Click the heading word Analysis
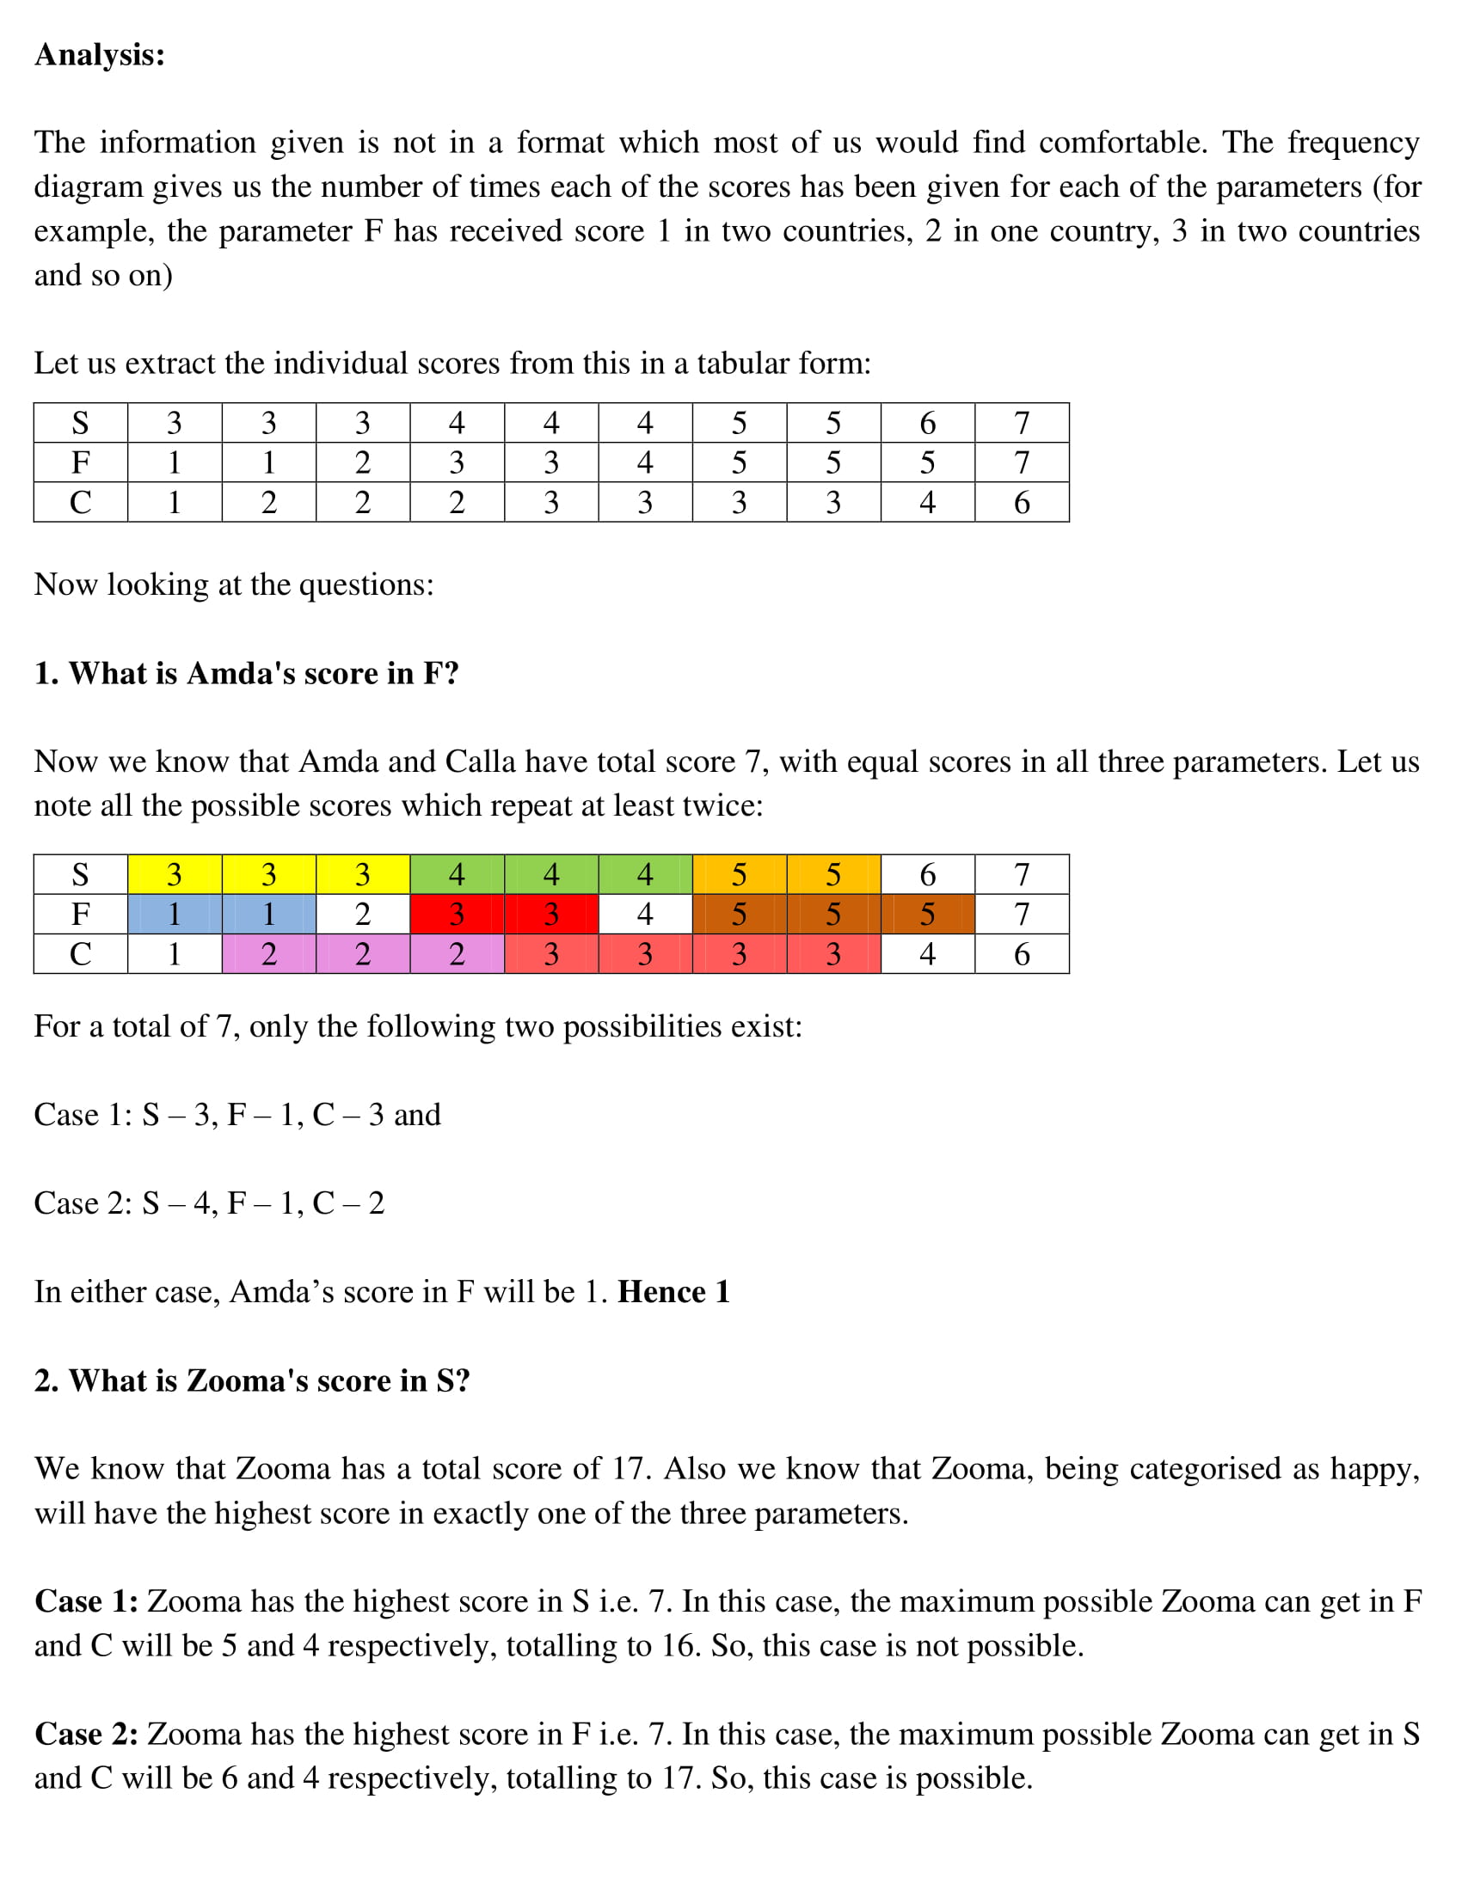click(99, 54)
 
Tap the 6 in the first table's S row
click(927, 423)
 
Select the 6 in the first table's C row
click(1021, 502)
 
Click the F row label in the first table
click(80, 462)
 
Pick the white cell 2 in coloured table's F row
click(362, 914)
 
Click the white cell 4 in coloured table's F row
click(644, 914)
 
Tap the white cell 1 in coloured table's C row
click(174, 953)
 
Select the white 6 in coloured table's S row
click(927, 874)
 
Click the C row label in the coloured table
click(80, 953)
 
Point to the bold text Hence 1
click(673, 1292)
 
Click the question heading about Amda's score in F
click(246, 673)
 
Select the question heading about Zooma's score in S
click(251, 1380)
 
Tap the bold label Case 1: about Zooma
click(86, 1601)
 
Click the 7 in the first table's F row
click(1021, 462)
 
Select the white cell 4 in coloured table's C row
click(927, 953)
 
